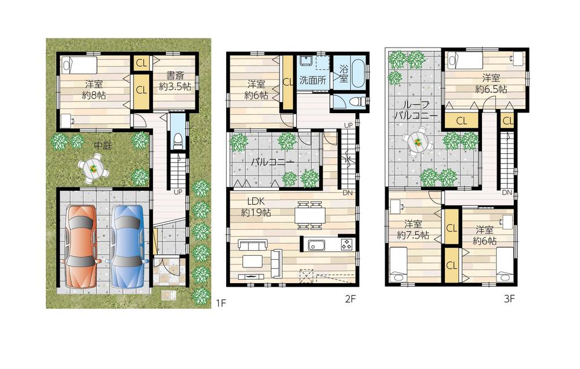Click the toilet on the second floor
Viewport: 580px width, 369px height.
pos(356,102)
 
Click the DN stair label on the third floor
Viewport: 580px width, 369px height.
pos(506,193)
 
